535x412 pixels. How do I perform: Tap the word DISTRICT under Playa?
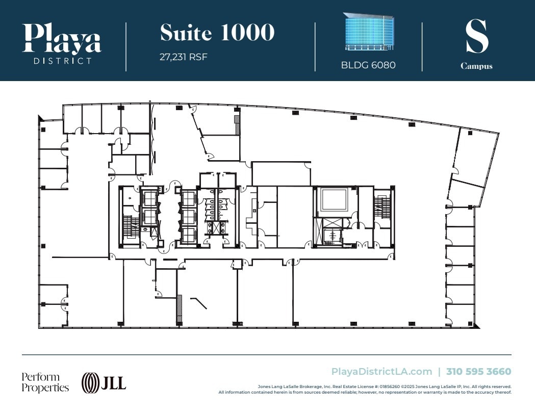(x=62, y=61)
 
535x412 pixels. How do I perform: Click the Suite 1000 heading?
(x=217, y=33)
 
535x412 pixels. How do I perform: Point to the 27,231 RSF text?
(x=184, y=57)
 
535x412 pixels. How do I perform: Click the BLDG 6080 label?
(x=368, y=65)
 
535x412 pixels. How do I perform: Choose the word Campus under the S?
(x=476, y=66)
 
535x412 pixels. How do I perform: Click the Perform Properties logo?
(x=45, y=382)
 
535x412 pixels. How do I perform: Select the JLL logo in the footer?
(x=104, y=382)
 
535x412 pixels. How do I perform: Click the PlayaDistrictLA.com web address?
(x=381, y=372)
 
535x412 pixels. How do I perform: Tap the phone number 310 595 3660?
(x=478, y=372)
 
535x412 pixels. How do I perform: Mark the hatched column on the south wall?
(x=179, y=308)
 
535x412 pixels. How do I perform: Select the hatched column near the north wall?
(x=237, y=125)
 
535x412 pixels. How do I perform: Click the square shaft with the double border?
(x=334, y=199)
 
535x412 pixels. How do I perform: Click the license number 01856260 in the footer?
(x=357, y=387)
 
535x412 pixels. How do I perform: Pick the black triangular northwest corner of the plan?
(x=41, y=119)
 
